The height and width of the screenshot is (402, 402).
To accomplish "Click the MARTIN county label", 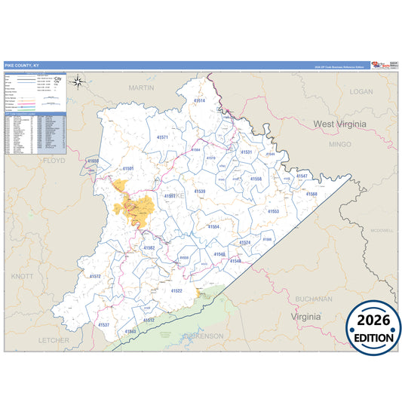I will [141, 87].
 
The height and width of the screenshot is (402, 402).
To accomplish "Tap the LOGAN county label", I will [361, 91].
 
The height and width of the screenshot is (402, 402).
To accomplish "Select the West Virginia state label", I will [342, 123].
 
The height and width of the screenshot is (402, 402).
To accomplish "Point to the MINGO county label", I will [340, 143].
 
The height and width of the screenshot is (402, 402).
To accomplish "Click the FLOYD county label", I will [54, 161].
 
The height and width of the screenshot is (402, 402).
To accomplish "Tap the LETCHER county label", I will [54, 340].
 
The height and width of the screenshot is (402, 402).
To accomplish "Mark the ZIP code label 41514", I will [199, 100].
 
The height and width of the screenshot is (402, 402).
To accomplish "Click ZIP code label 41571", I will [162, 137].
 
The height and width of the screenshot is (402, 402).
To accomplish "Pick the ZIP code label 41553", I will [273, 211].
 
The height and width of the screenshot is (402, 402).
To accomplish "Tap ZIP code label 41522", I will [176, 290].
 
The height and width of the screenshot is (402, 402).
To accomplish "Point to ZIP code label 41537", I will [103, 325].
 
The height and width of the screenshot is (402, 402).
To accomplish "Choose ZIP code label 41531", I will [246, 152].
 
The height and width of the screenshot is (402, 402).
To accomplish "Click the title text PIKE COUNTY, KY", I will [23, 66].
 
